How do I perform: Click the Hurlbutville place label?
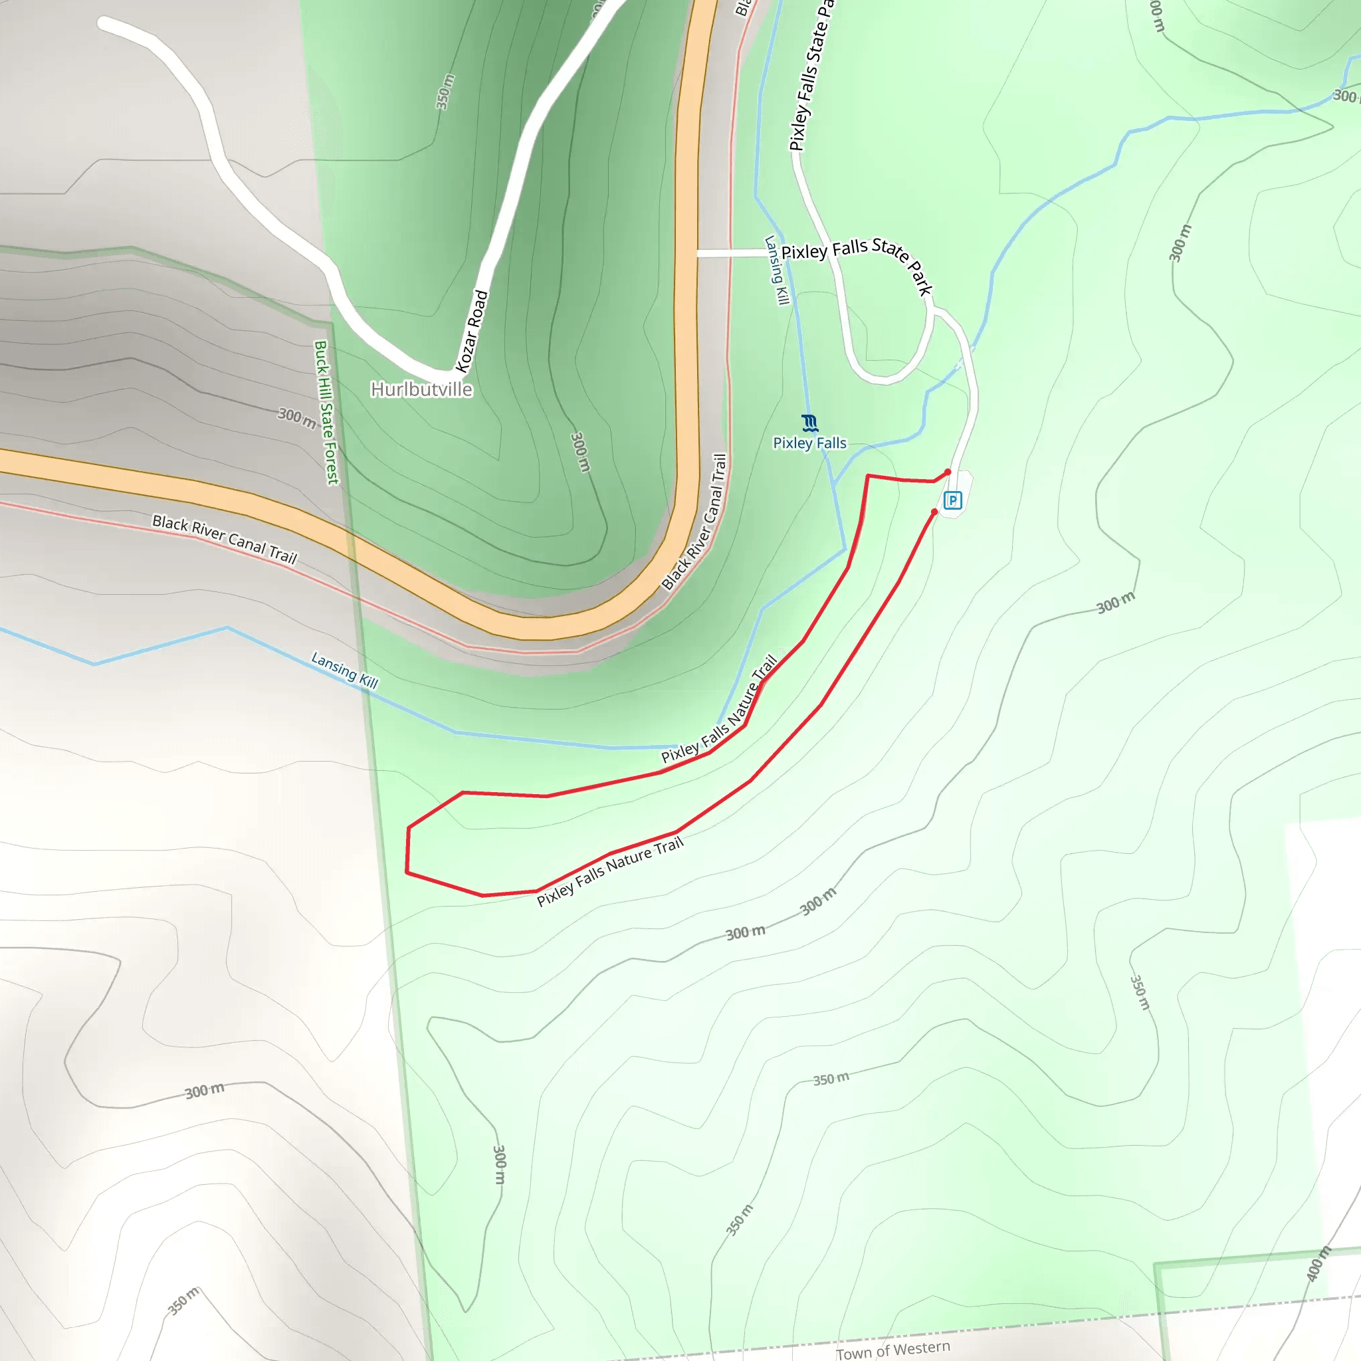421,389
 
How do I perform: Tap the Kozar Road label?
472,331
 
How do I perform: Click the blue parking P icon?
952,500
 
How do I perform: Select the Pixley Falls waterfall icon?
809,423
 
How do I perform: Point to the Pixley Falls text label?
809,443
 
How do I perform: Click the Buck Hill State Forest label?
326,413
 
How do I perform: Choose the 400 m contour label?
1318,1264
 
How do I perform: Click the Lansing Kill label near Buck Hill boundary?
344,670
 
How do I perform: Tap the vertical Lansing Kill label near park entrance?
776,270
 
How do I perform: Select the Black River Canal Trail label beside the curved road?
694,522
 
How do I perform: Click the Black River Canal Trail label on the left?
225,540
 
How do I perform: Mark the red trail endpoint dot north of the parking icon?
948,472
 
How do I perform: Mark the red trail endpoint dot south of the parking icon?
934,512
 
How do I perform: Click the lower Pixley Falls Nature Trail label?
610,871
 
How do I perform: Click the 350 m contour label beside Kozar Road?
445,92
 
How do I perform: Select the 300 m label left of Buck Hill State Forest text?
296,418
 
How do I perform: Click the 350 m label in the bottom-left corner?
184,1301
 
